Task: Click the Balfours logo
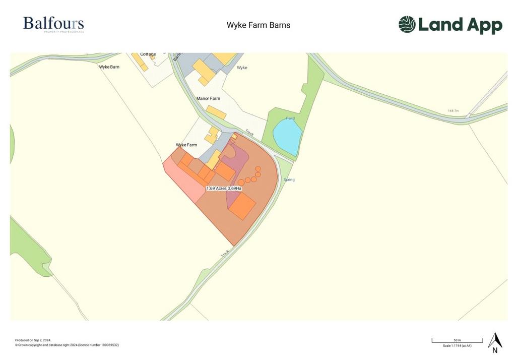coord(53,24)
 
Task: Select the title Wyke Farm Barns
coord(259,25)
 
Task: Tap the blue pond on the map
coord(287,136)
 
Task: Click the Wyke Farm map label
coord(186,145)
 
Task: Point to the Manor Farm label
coord(208,99)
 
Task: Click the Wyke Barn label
coord(109,67)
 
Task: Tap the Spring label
coord(289,179)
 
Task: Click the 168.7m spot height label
coord(454,111)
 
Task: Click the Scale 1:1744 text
coord(457,346)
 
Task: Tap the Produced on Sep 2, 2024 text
coord(33,340)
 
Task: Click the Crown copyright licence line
coord(67,345)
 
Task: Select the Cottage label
coord(148,54)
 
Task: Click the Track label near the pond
coord(249,133)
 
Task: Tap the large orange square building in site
coord(243,206)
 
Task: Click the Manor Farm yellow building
coord(216,112)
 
